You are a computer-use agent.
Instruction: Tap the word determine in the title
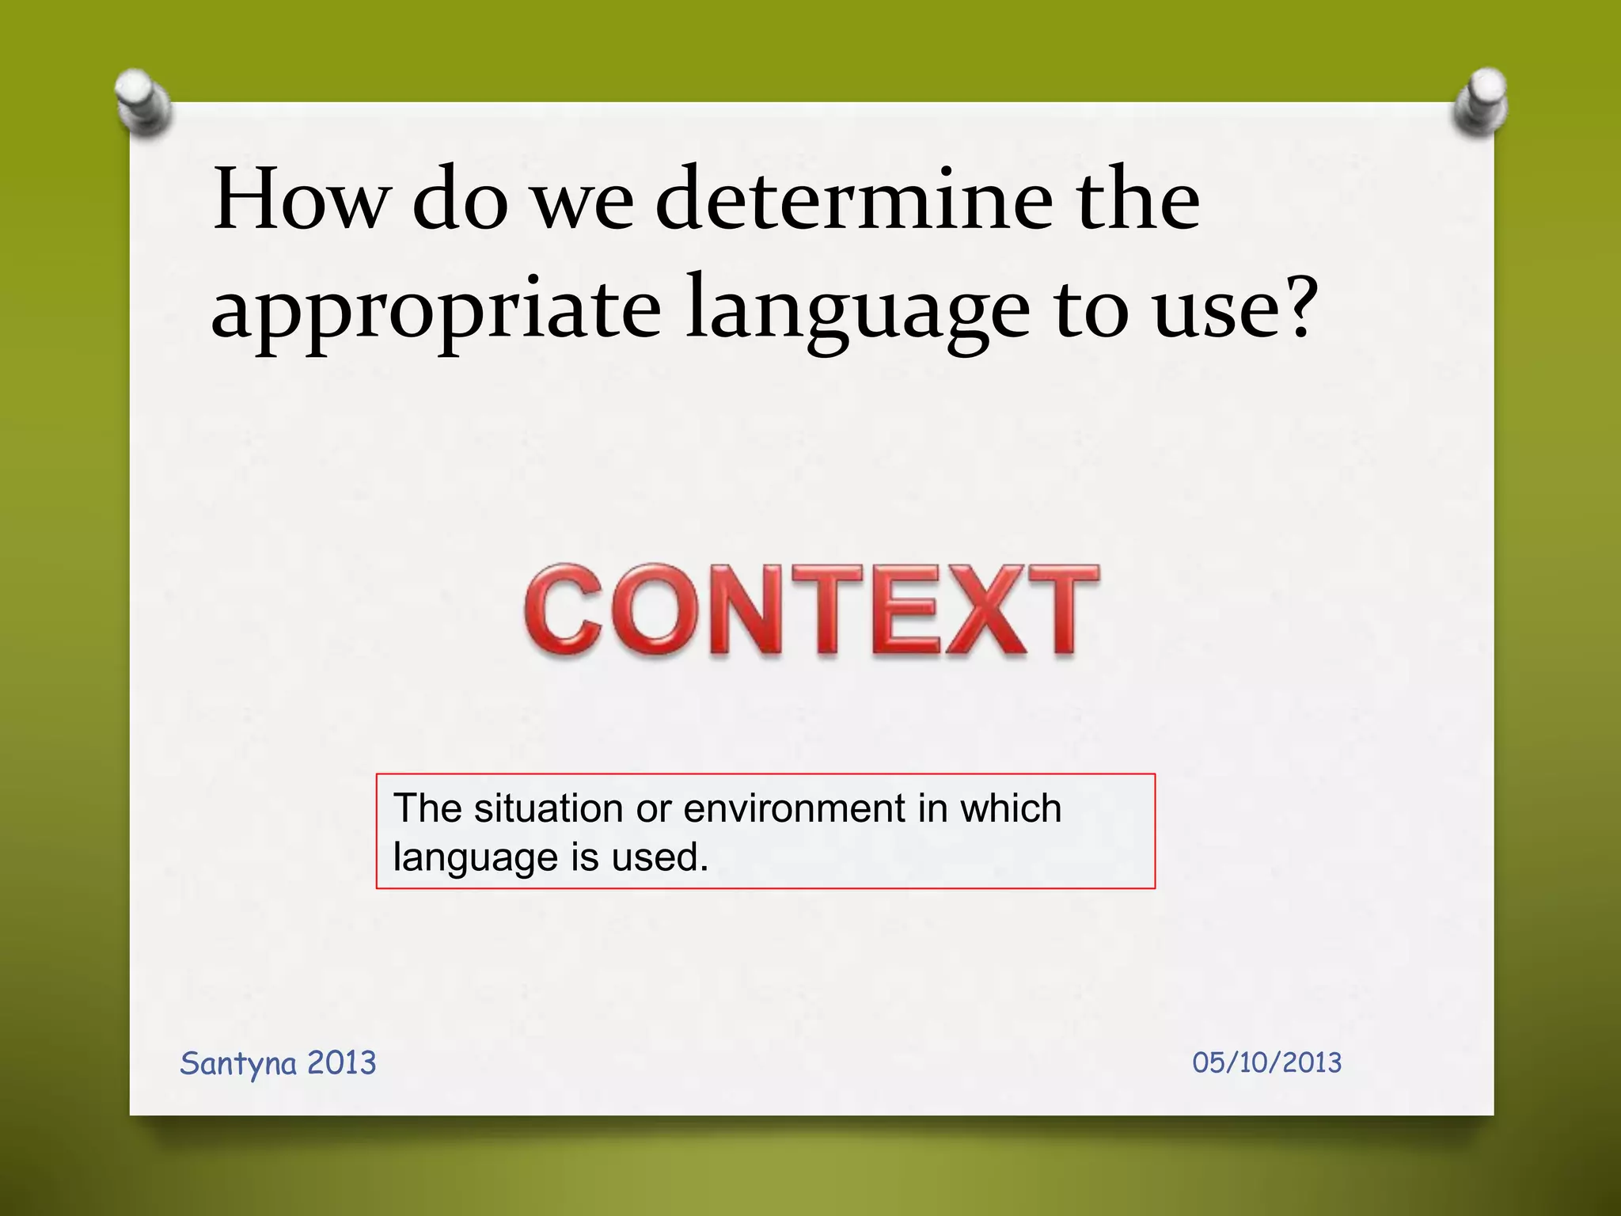tap(854, 199)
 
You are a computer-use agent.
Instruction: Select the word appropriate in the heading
tap(435, 311)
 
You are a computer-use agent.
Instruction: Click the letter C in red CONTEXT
tap(564, 610)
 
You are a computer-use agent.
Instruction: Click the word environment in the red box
tap(794, 808)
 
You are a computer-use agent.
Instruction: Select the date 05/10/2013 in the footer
tap(1266, 1062)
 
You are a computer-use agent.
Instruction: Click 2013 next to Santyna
tap(341, 1062)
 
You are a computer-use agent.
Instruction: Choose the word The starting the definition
tap(427, 808)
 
